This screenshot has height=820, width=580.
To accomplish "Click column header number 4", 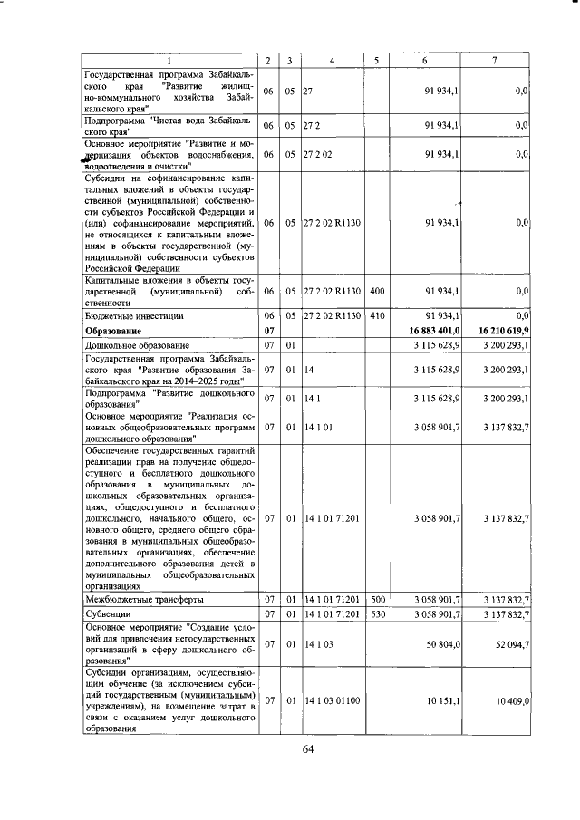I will [333, 60].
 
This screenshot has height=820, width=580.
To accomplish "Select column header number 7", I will [493, 60].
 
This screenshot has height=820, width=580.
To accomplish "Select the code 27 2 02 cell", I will [320, 155].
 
